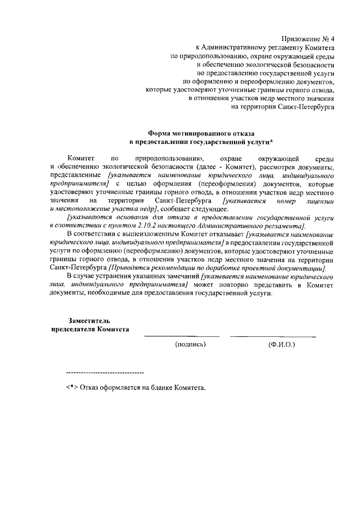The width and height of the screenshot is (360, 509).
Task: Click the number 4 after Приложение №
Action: (332, 39)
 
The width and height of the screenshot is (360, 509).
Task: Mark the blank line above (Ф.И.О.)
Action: (273, 337)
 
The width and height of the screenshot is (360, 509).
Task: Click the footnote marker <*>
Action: (71, 388)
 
